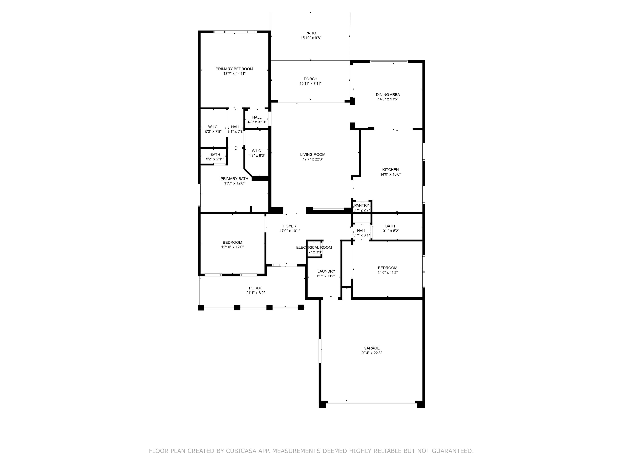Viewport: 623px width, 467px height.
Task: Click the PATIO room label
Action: tap(310, 33)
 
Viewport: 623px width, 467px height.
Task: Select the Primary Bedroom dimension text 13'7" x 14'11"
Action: tap(234, 74)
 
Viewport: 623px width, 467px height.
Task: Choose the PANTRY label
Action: tap(361, 205)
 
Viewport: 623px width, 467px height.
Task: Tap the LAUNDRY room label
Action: tap(326, 271)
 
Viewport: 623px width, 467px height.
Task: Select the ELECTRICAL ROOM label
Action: tap(314, 247)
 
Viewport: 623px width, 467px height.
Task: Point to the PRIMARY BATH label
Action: tap(234, 179)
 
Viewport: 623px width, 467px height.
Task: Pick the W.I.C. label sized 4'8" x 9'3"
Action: tap(257, 151)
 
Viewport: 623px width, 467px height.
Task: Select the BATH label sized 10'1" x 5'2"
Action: tap(390, 226)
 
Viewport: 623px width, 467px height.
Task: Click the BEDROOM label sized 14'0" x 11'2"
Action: tap(387, 268)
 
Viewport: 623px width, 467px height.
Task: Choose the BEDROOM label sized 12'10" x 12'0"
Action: tap(232, 242)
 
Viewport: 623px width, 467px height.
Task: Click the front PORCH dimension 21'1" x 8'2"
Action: tap(255, 293)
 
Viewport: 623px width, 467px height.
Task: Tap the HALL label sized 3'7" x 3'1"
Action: tap(361, 231)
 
